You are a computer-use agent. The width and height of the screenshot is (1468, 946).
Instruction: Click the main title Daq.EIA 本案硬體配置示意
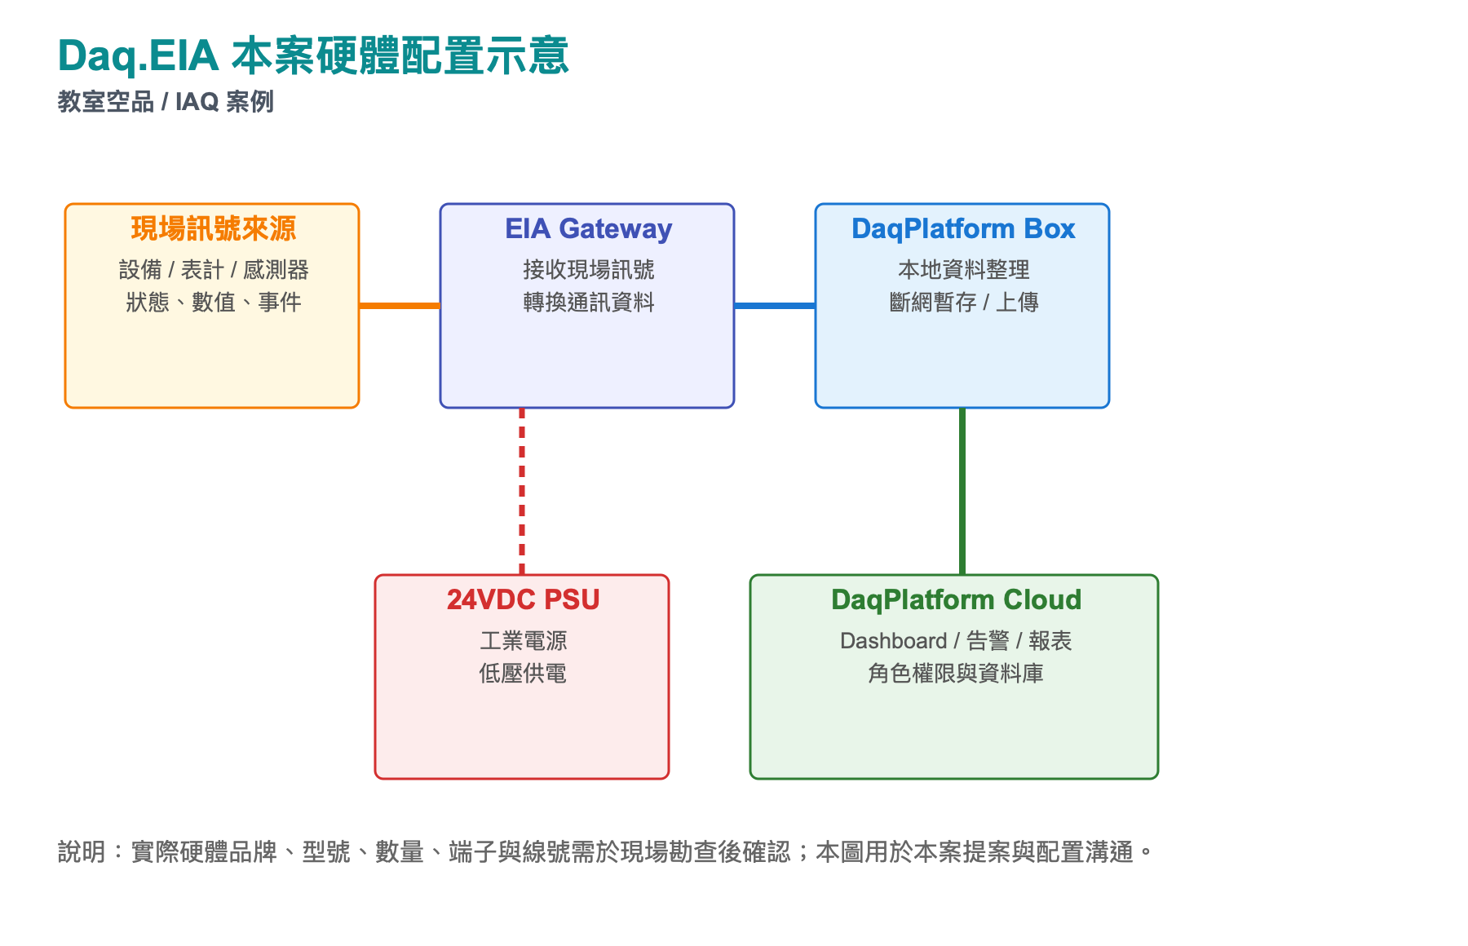pyautogui.click(x=313, y=55)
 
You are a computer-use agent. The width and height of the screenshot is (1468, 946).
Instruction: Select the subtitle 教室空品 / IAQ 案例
pyautogui.click(x=166, y=102)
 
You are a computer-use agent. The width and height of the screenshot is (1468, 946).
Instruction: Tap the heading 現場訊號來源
pyautogui.click(x=213, y=229)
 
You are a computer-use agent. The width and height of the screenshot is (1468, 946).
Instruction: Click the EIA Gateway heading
pyautogui.click(x=588, y=229)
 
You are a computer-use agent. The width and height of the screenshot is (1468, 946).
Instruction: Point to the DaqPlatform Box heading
pyautogui.click(x=963, y=229)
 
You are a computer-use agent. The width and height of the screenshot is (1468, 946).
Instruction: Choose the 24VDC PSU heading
pyautogui.click(x=523, y=600)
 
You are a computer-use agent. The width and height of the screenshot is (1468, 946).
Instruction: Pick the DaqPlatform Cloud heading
pyautogui.click(x=956, y=600)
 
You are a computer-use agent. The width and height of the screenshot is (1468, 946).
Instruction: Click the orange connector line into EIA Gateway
pyautogui.click(x=400, y=306)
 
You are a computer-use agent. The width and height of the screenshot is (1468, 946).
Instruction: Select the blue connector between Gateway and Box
pyautogui.click(x=775, y=306)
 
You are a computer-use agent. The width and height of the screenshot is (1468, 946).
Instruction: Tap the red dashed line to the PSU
pyautogui.click(x=522, y=491)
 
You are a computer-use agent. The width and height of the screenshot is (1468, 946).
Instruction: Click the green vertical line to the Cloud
pyautogui.click(x=962, y=491)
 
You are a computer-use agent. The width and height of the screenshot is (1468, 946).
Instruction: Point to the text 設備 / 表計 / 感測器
pyautogui.click(x=214, y=270)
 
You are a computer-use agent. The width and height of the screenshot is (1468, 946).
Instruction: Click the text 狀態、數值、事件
pyautogui.click(x=214, y=303)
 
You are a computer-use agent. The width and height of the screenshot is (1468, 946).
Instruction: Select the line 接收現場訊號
pyautogui.click(x=589, y=270)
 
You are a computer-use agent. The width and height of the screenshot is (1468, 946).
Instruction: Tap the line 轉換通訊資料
pyautogui.click(x=589, y=303)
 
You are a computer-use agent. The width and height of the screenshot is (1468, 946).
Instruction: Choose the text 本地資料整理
pyautogui.click(x=964, y=270)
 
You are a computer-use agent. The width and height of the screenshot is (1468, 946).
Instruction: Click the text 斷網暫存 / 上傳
pyautogui.click(x=964, y=303)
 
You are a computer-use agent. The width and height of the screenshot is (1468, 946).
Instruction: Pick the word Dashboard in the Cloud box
pyautogui.click(x=893, y=641)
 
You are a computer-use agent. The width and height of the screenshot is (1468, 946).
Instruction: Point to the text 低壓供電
pyautogui.click(x=523, y=674)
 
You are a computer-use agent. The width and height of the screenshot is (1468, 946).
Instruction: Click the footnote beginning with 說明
pyautogui.click(x=605, y=852)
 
